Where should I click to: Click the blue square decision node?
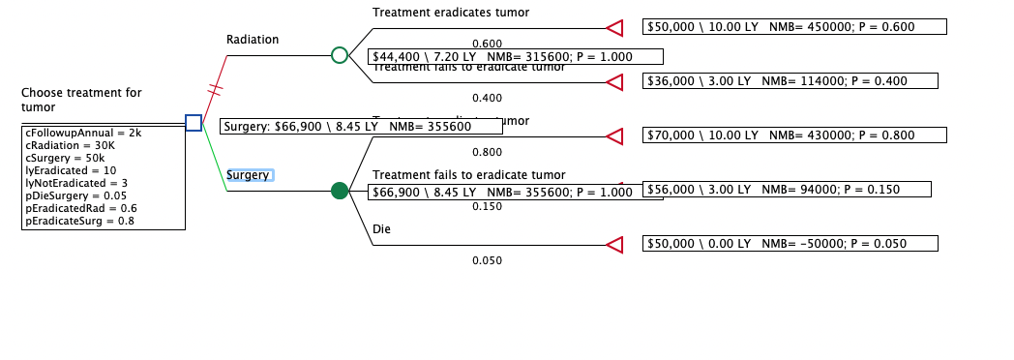[194, 122]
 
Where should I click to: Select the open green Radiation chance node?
[340, 55]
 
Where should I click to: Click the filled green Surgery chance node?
[340, 191]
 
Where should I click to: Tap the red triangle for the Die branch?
[614, 245]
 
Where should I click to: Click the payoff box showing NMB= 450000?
[794, 27]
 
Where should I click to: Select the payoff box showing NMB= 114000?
[794, 81]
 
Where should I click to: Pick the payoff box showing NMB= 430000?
[794, 135]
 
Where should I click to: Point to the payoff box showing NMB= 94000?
[787, 190]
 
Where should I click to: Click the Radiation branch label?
[253, 40]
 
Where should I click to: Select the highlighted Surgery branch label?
[250, 175]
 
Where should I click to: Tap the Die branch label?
[381, 229]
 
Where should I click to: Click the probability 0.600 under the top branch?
[487, 44]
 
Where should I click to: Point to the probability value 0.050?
[487, 260]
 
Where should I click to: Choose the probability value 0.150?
[487, 206]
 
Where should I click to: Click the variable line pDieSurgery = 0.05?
[74, 195]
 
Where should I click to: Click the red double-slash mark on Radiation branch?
[216, 89]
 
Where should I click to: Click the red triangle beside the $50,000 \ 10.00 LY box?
[614, 27]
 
